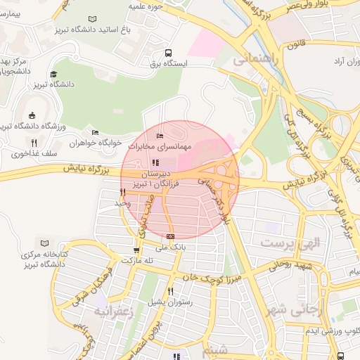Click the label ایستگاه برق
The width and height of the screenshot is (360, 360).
coord(168,63)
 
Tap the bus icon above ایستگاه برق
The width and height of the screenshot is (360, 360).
coord(168,52)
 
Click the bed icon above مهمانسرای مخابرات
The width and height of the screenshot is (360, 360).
coord(160,135)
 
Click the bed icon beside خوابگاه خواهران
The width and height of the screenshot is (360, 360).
coord(96,132)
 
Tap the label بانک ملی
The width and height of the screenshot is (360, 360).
coord(171,247)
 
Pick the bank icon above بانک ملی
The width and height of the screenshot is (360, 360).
coord(170,236)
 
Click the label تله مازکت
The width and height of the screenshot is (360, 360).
coord(138,260)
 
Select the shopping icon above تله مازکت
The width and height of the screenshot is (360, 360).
coord(136,250)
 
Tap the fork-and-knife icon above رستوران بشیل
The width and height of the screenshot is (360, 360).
coord(170,290)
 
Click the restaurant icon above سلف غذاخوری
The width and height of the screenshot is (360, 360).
coord(34,143)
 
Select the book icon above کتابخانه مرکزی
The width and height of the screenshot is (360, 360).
coord(46,242)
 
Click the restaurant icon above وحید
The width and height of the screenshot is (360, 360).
coord(122,192)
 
